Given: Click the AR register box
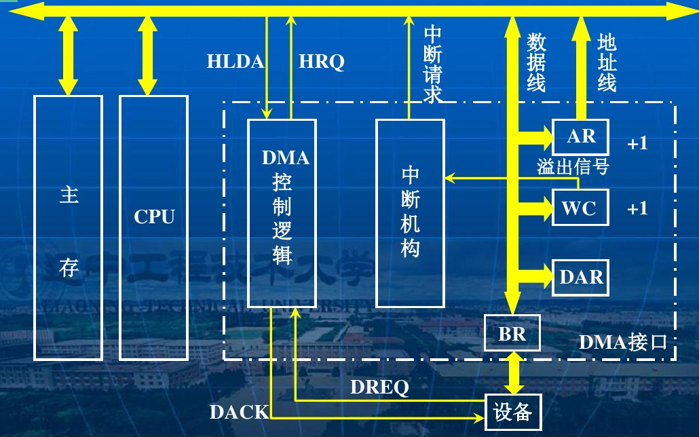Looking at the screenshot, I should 581,137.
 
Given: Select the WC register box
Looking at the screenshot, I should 580,208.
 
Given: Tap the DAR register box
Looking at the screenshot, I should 581,278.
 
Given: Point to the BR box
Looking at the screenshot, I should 512,333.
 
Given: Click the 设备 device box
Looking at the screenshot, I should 513,411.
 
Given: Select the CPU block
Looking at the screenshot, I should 153,227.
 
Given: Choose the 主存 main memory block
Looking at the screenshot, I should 69,227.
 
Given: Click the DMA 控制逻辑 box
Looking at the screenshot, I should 282,213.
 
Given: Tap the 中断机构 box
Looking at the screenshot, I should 411,213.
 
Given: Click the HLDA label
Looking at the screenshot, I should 235,62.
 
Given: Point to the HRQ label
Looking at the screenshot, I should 322,62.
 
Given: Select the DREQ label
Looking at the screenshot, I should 379,387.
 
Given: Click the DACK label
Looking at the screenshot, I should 239,412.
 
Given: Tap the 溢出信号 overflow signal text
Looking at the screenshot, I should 573,167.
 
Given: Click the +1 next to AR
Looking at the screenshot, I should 637,143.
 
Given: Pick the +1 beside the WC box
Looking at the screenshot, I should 637,208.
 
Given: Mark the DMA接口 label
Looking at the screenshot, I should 623,342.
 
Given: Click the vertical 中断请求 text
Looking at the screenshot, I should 433,64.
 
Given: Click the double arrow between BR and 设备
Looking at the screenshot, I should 513,373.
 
